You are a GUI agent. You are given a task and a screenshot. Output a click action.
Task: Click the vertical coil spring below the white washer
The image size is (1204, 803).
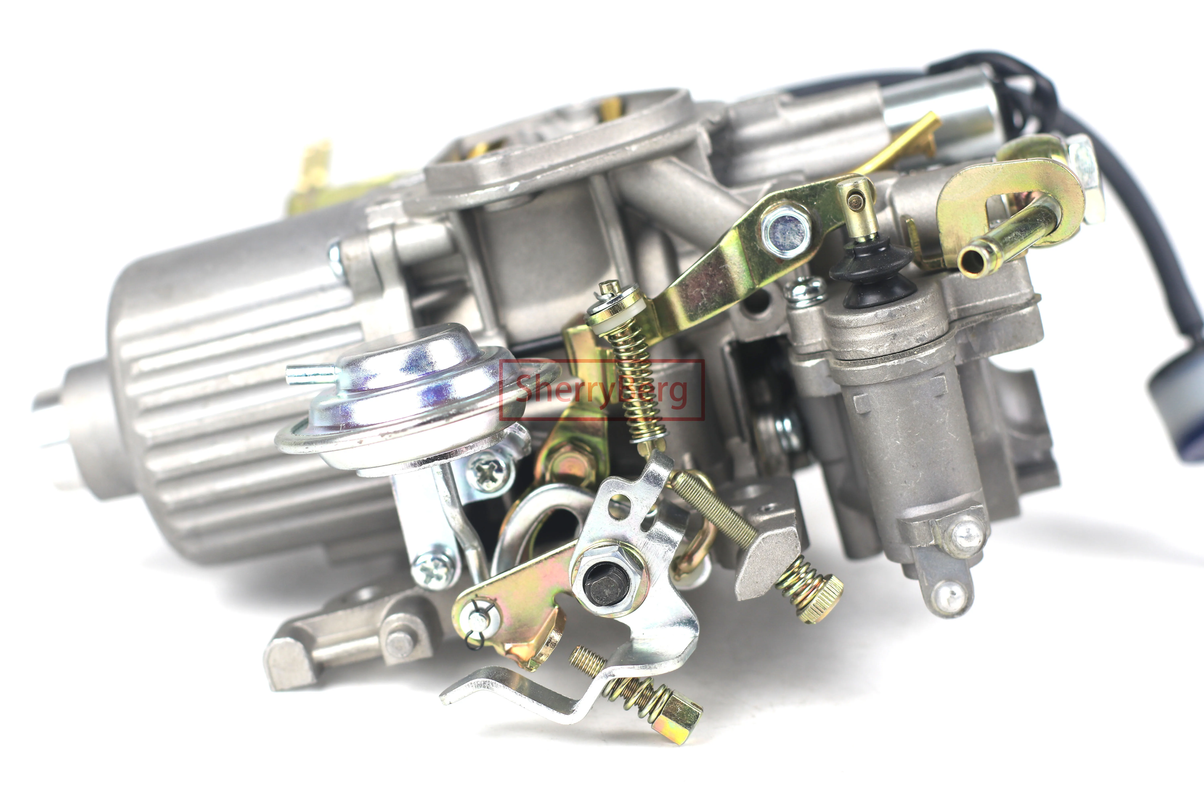tap(637, 384)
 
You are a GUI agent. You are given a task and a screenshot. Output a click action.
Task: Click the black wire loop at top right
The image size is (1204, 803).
tap(1019, 92)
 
